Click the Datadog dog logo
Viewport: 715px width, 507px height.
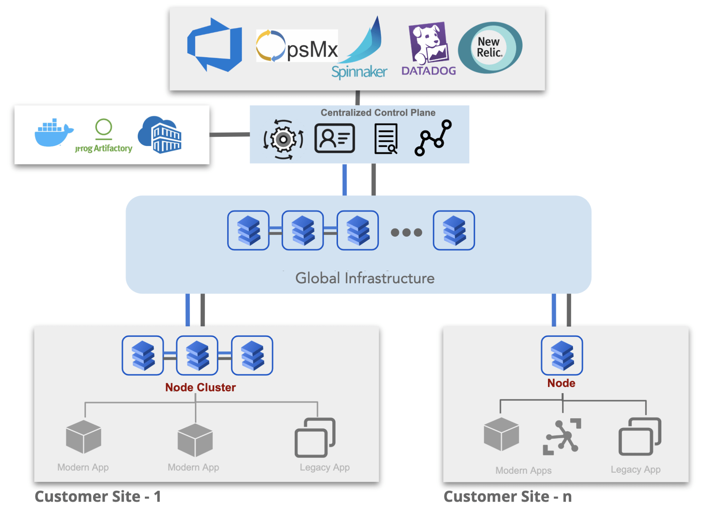click(x=429, y=43)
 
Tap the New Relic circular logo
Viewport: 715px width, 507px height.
click(x=490, y=48)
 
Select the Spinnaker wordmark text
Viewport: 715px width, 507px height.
click(x=359, y=72)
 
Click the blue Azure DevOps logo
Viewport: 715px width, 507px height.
click(x=215, y=45)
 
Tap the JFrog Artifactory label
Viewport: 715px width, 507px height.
click(x=104, y=148)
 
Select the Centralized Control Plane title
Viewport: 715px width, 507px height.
click(x=378, y=112)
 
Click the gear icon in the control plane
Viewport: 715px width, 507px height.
click(x=283, y=139)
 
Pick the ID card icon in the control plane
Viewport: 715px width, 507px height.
click(x=335, y=138)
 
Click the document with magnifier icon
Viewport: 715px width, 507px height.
click(x=386, y=139)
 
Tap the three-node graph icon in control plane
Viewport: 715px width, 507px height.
click(x=433, y=138)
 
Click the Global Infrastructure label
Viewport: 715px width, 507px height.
click(x=364, y=278)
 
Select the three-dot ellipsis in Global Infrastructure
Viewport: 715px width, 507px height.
click(x=406, y=232)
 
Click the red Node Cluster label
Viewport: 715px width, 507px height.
click(x=200, y=387)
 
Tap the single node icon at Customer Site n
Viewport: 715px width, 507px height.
click(x=562, y=355)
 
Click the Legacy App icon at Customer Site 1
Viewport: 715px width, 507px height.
click(x=315, y=438)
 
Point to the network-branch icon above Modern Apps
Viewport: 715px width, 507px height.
click(x=562, y=436)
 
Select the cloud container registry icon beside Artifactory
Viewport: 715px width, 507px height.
click(x=160, y=135)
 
